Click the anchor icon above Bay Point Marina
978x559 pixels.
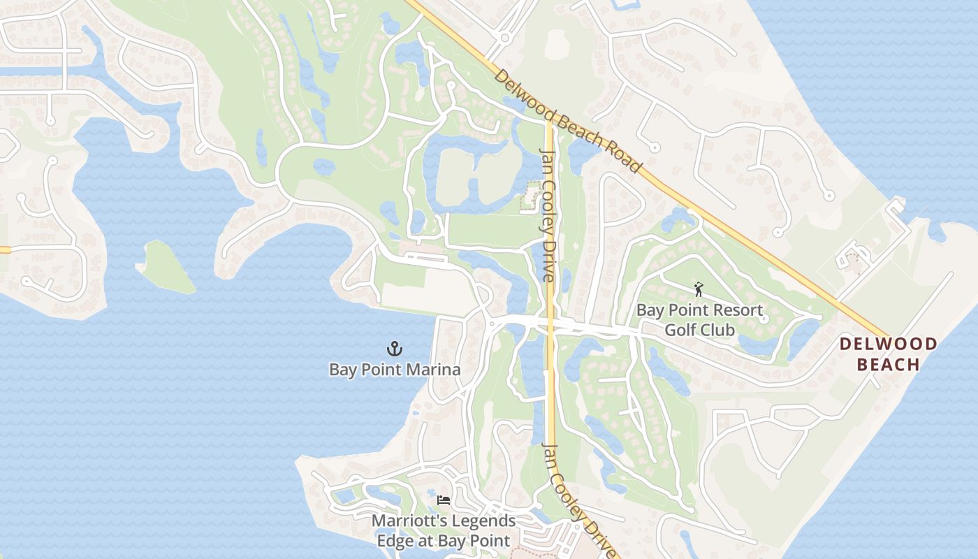click(x=395, y=348)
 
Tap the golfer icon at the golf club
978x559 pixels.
click(x=698, y=289)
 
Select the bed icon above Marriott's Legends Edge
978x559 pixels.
click(x=444, y=500)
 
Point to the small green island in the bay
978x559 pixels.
click(x=166, y=266)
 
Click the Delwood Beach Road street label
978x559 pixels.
click(x=567, y=121)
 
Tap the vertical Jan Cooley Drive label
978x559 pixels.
click(x=548, y=215)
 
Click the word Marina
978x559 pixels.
click(x=431, y=370)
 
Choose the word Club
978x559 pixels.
click(x=719, y=329)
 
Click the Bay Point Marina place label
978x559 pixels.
click(x=395, y=370)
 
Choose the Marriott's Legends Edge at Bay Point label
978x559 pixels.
click(x=444, y=531)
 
